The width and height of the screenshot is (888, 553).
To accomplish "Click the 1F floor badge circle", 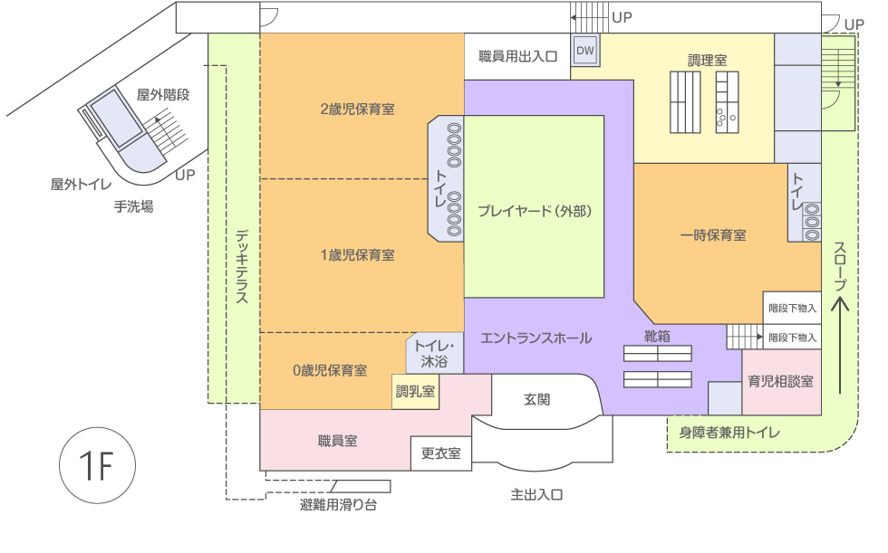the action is pyautogui.click(x=97, y=466).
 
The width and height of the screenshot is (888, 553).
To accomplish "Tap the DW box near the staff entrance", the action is pyautogui.click(x=584, y=51).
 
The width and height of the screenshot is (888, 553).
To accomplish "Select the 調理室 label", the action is pyautogui.click(x=707, y=60).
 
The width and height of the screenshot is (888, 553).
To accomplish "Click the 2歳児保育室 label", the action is pyautogui.click(x=357, y=109).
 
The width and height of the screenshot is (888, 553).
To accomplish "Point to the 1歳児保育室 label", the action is pyautogui.click(x=357, y=255).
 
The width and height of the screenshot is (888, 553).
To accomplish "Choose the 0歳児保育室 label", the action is pyautogui.click(x=330, y=370).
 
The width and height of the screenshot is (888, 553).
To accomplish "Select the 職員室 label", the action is pyautogui.click(x=337, y=441).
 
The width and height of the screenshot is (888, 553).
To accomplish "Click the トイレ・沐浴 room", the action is pyautogui.click(x=434, y=354).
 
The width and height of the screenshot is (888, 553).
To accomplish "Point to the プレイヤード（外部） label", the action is pyautogui.click(x=535, y=212).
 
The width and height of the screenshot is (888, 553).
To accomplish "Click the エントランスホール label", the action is pyautogui.click(x=536, y=338).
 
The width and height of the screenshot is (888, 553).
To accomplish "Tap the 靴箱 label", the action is pyautogui.click(x=657, y=335).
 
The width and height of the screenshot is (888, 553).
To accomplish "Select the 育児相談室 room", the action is pyautogui.click(x=780, y=382).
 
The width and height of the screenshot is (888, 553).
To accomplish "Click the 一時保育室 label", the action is pyautogui.click(x=713, y=235).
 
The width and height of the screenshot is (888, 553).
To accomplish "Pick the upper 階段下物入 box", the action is pyautogui.click(x=792, y=308).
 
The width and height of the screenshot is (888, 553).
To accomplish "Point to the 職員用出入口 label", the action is pyautogui.click(x=518, y=56).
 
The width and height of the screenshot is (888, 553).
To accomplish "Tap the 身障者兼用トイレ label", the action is pyautogui.click(x=729, y=433).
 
